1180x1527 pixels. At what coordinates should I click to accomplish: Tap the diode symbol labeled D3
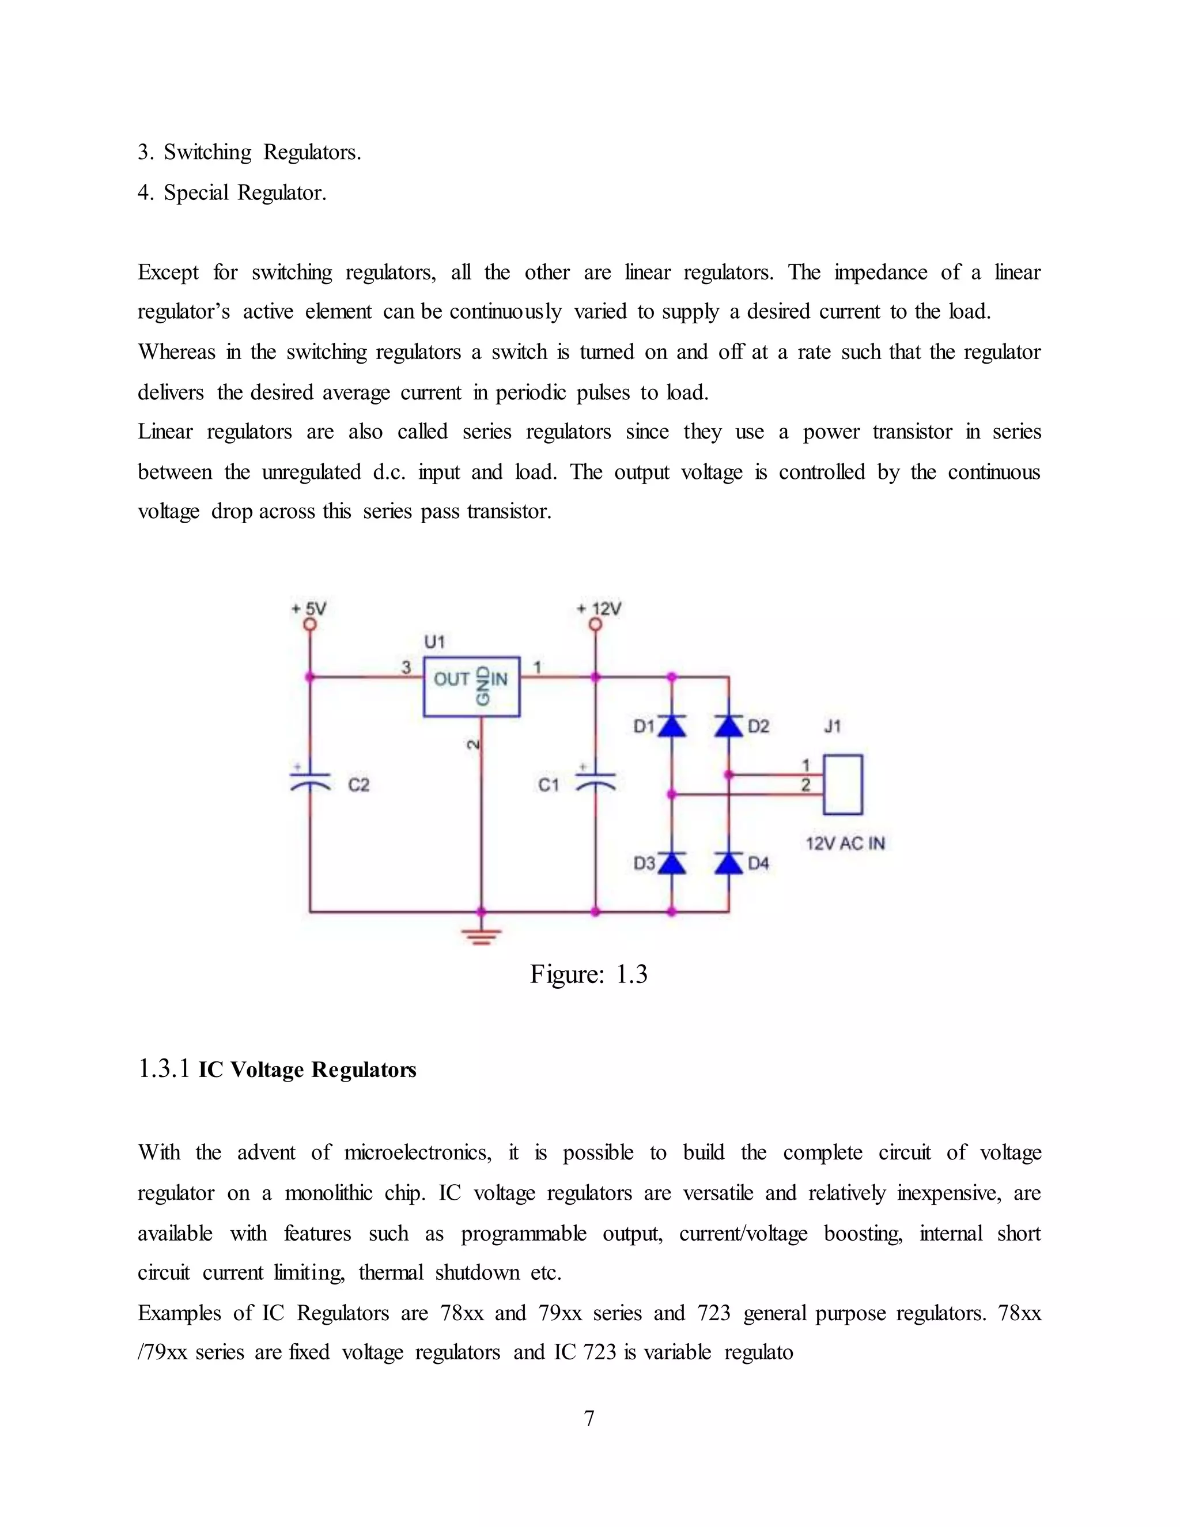(x=672, y=864)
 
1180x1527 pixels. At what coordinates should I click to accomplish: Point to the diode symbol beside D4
(x=728, y=864)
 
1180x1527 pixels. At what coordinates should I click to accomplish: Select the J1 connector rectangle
(x=842, y=784)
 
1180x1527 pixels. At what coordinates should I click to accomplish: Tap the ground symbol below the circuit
(x=481, y=935)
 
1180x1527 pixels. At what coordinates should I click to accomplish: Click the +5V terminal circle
(x=309, y=625)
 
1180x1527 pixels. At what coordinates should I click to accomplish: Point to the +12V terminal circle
(x=596, y=625)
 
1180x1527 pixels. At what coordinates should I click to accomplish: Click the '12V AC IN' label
(x=845, y=843)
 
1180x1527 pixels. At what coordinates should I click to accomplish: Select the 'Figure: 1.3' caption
(x=589, y=974)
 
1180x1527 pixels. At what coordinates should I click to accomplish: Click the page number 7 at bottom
(x=589, y=1418)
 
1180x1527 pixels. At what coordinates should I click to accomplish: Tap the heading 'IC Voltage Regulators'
(x=307, y=1069)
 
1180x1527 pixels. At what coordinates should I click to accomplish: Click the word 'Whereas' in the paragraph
(x=177, y=351)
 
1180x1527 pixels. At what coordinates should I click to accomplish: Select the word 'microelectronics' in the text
(x=417, y=1152)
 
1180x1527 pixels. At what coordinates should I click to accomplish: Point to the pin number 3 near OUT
(x=406, y=668)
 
